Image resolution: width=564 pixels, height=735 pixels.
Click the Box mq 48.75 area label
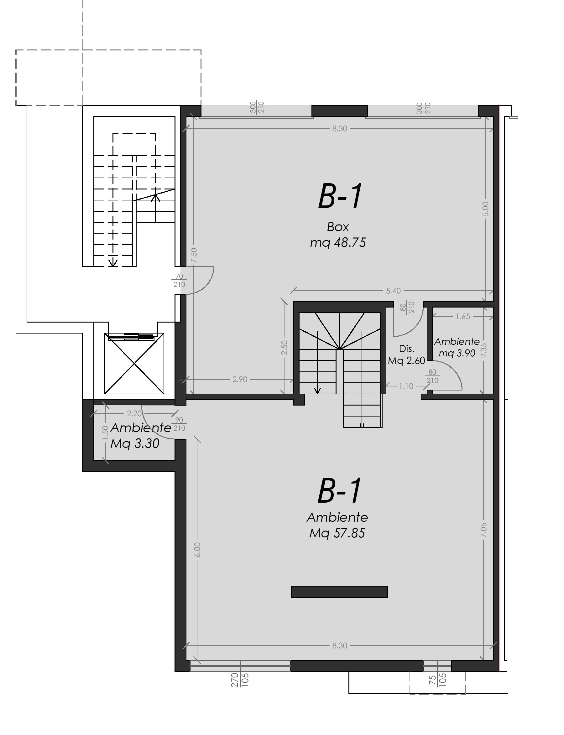338,235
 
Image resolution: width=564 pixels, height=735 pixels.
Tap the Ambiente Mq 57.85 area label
337,525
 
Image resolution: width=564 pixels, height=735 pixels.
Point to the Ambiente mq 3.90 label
457,347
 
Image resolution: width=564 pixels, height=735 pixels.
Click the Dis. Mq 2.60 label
407,355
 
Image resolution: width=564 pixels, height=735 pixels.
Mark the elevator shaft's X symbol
134,363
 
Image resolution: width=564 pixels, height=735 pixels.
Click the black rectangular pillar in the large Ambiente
339,592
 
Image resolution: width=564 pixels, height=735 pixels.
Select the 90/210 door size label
179,424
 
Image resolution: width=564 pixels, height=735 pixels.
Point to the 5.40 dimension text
393,291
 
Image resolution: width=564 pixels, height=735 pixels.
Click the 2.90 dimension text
240,380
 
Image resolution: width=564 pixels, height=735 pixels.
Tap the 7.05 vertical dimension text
483,530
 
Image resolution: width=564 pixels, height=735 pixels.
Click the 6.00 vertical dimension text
197,550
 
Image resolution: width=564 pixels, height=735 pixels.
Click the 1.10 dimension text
406,386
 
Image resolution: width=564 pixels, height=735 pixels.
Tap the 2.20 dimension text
134,413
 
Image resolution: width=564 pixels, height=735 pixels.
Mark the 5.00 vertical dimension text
485,209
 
